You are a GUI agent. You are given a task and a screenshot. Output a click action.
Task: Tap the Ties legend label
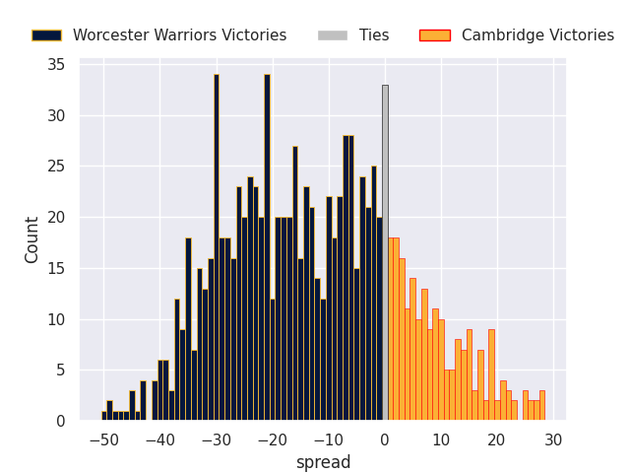click(374, 35)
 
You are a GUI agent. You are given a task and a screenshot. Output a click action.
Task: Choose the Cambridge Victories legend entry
click(537, 35)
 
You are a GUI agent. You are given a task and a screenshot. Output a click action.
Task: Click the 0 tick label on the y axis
click(60, 422)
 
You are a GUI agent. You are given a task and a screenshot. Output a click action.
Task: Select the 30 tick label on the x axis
click(553, 441)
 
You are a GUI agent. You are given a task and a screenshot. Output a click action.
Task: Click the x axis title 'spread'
click(323, 463)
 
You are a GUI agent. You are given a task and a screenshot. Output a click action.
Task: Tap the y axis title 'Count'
click(32, 239)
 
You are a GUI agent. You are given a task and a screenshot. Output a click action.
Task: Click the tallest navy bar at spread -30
click(217, 247)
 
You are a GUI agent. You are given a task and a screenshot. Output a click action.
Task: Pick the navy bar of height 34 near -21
click(267, 247)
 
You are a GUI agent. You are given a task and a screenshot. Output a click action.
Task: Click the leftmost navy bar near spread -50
click(104, 416)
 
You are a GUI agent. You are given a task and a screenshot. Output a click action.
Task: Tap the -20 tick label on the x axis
click(273, 441)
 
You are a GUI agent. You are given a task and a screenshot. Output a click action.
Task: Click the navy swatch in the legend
click(46, 35)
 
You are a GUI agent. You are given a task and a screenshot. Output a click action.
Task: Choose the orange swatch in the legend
click(434, 35)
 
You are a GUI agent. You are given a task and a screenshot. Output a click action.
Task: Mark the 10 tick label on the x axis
click(441, 441)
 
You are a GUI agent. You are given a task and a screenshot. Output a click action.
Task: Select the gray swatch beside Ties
click(332, 35)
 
